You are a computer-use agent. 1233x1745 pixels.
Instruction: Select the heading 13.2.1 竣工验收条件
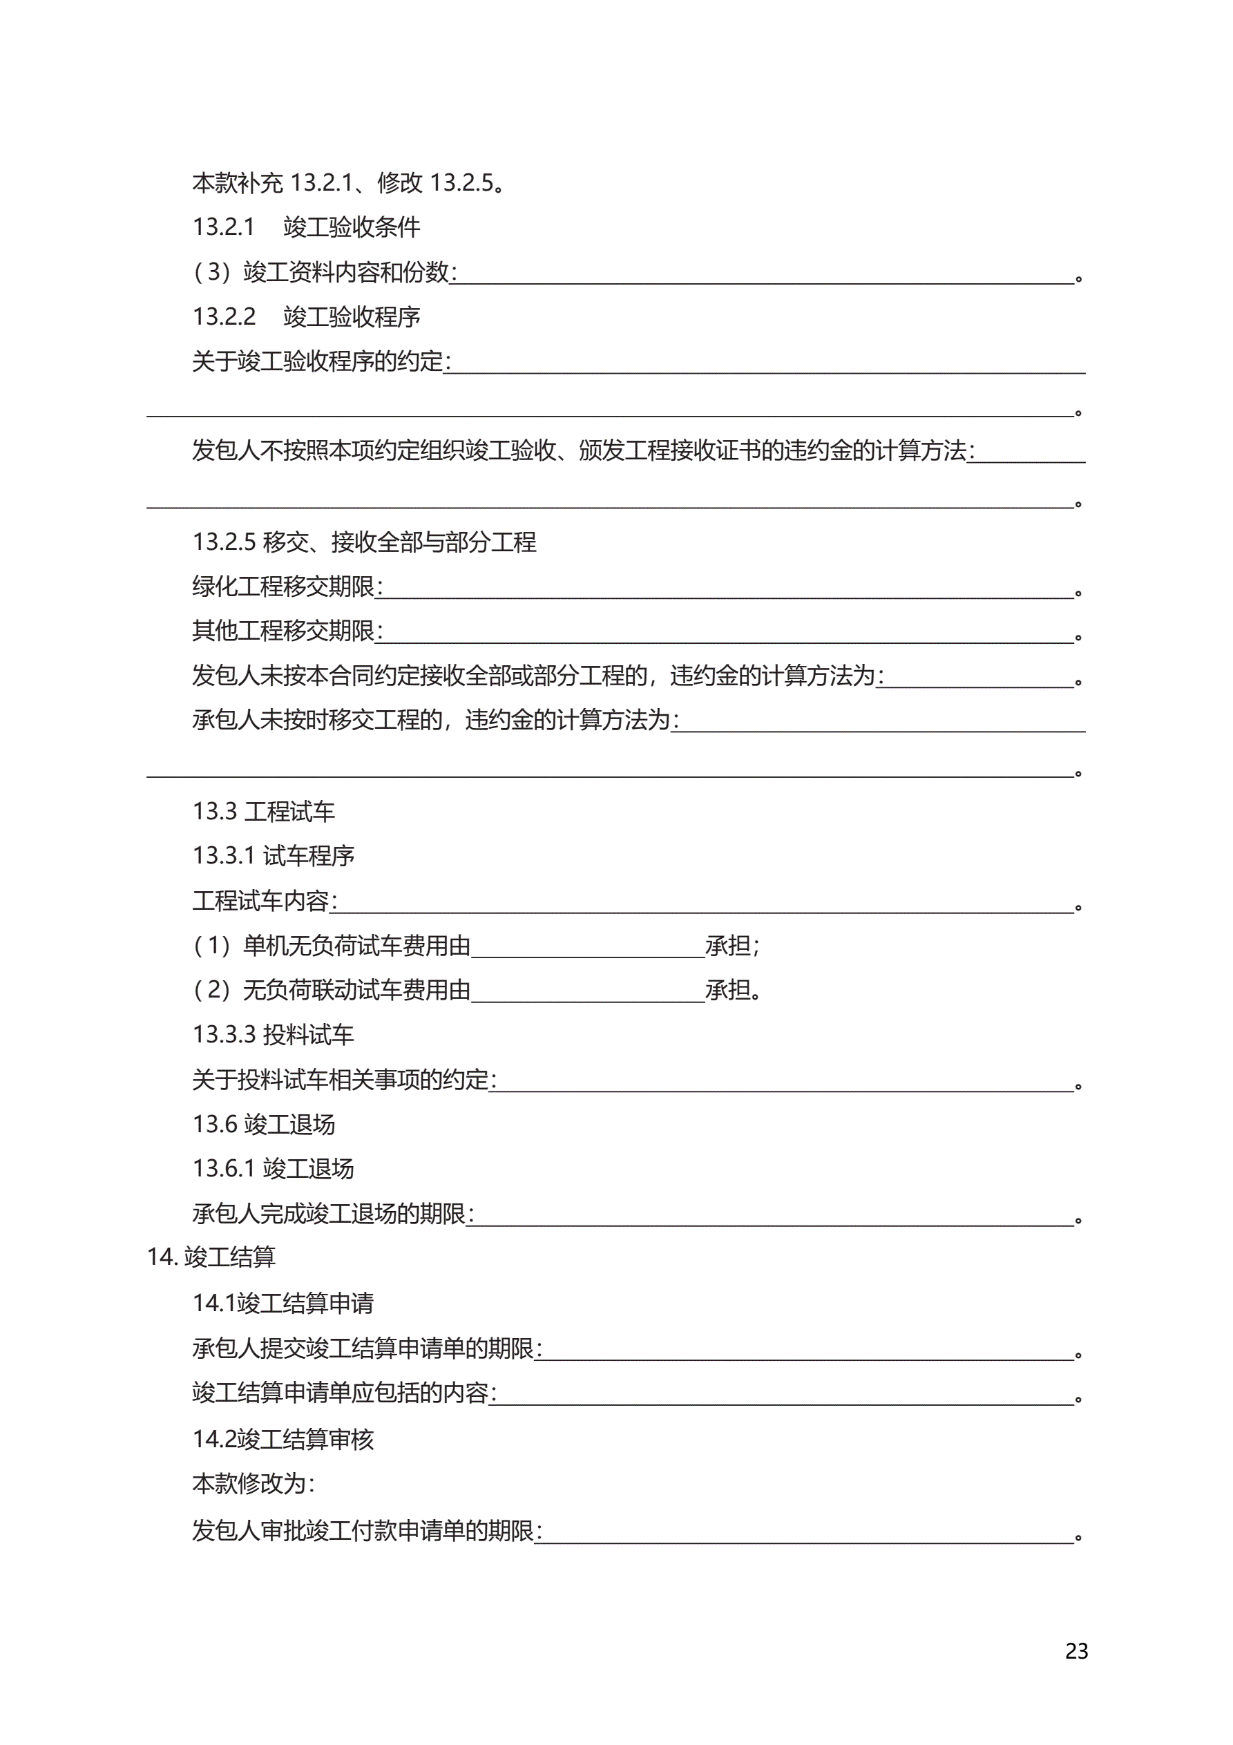(x=305, y=227)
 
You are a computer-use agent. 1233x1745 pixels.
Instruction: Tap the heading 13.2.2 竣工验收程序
(x=305, y=316)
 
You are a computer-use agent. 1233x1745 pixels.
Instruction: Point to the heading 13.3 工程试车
(x=263, y=811)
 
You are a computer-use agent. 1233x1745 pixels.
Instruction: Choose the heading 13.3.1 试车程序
(x=273, y=855)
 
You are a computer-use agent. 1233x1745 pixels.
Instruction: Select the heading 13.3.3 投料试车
(x=273, y=1033)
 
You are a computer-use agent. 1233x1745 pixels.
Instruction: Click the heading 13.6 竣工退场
(x=263, y=1123)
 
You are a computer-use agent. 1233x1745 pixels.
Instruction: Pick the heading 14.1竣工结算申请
(x=283, y=1303)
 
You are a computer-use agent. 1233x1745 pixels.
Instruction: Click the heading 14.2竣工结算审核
(x=283, y=1438)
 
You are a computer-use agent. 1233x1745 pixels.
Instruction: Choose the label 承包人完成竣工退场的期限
(x=332, y=1213)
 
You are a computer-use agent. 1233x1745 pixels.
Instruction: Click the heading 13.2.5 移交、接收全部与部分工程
(x=364, y=541)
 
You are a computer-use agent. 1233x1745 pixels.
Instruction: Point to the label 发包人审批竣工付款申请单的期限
(x=365, y=1530)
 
